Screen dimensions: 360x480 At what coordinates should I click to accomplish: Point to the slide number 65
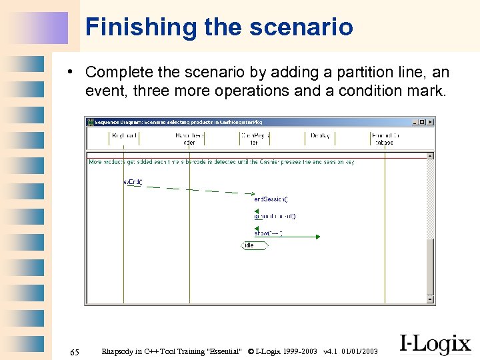click(75, 351)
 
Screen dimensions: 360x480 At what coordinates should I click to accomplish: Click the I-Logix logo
click(435, 344)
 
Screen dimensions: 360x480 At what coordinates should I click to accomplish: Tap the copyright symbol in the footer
click(251, 351)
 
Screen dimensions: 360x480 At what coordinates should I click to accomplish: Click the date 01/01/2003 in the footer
click(359, 351)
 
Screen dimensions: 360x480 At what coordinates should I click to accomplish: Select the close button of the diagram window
click(430, 122)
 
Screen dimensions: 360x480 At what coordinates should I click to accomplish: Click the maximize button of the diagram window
click(423, 122)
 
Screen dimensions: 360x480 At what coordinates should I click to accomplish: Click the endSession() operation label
click(271, 199)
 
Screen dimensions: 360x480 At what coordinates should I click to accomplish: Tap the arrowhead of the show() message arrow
click(317, 236)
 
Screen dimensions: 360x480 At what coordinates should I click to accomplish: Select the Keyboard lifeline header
click(124, 136)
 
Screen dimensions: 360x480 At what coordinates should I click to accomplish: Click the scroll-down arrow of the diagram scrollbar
click(431, 300)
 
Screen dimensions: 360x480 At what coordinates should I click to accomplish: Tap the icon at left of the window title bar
click(89, 122)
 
